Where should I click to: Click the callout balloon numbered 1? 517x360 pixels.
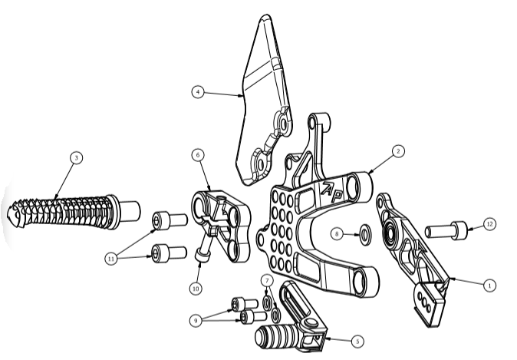(489, 285)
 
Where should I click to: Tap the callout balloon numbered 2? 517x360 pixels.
(398, 151)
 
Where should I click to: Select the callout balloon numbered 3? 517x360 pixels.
(77, 157)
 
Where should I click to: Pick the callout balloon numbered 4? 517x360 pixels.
(198, 91)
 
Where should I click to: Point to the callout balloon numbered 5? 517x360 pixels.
(357, 341)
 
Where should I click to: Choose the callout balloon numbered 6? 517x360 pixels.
(198, 155)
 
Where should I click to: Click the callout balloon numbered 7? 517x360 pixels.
(267, 281)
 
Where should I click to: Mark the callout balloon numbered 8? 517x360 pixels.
(337, 234)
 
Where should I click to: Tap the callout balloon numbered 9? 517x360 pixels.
(196, 320)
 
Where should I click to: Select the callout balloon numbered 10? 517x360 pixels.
(196, 289)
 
